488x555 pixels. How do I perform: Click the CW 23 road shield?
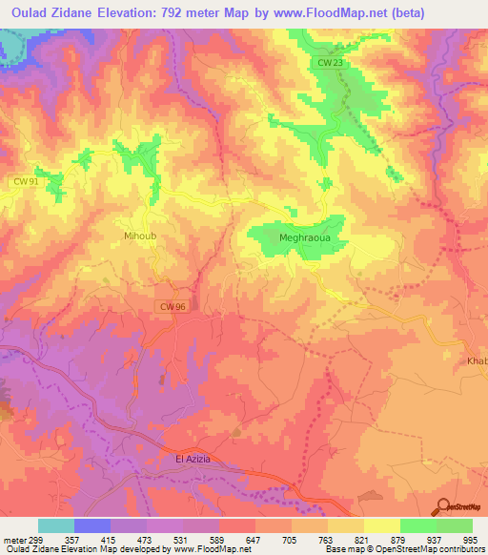click(327, 62)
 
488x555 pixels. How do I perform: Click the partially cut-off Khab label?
click(477, 361)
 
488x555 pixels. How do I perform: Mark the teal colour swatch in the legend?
click(56, 525)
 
